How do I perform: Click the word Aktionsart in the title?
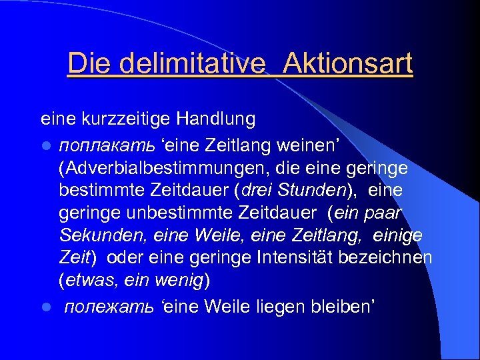[347, 64]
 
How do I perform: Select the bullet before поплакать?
[45, 143]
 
